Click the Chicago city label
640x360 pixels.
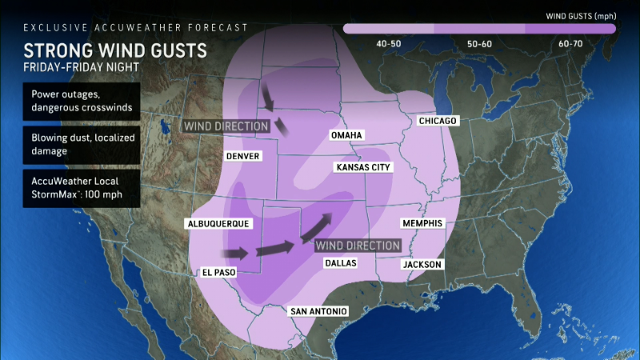click(x=437, y=121)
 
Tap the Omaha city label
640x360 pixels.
click(x=347, y=136)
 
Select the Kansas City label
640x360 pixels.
click(x=364, y=167)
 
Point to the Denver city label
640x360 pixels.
click(x=242, y=156)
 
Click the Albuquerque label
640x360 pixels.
click(x=217, y=223)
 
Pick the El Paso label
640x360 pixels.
click(x=217, y=273)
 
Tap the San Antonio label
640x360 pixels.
click(x=318, y=311)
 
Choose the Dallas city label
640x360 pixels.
click(x=340, y=262)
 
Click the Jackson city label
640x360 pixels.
click(x=421, y=264)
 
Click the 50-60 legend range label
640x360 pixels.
click(x=479, y=44)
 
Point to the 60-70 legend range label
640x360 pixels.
click(x=570, y=44)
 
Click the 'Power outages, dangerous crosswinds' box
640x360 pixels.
click(x=82, y=102)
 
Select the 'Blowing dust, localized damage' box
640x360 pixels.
click(x=82, y=145)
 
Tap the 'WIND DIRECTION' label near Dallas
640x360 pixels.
click(x=357, y=245)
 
